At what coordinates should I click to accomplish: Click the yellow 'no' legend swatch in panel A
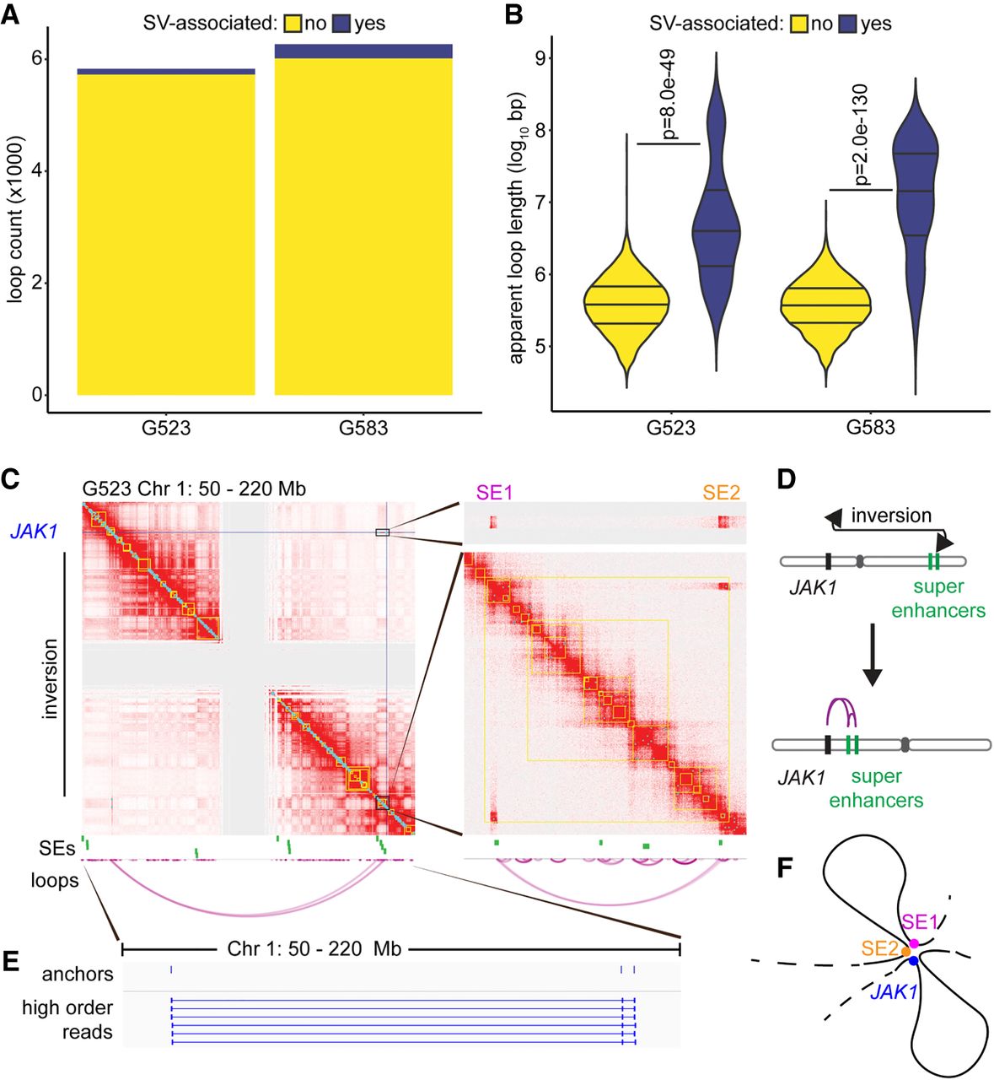pyautogui.click(x=292, y=24)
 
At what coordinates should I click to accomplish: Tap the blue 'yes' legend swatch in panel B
pyautogui.click(x=847, y=24)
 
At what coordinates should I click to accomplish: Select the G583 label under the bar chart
pyautogui.click(x=363, y=428)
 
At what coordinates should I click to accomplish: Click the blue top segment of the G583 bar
pyautogui.click(x=363, y=51)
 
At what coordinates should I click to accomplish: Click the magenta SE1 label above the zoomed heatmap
pyautogui.click(x=494, y=492)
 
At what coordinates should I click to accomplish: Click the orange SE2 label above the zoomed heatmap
pyautogui.click(x=722, y=492)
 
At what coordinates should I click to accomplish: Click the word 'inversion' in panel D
pyautogui.click(x=891, y=515)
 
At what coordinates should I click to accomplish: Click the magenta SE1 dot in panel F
pyautogui.click(x=914, y=943)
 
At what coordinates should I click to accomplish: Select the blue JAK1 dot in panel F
pyautogui.click(x=913, y=960)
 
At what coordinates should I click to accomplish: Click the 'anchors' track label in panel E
pyautogui.click(x=78, y=975)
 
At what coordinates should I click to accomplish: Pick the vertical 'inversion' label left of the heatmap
pyautogui.click(x=50, y=678)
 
